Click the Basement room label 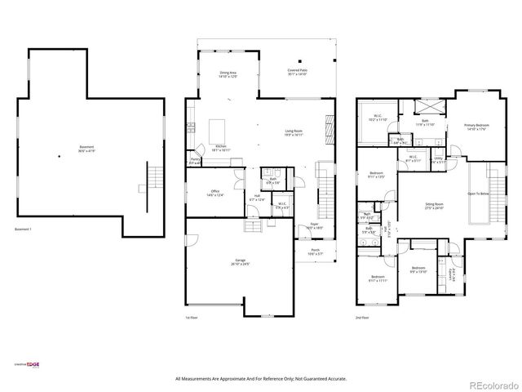point(86,150)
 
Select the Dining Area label point(228,74)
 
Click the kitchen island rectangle point(217,130)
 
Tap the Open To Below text point(478,194)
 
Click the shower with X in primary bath point(427,108)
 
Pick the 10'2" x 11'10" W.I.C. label point(378,117)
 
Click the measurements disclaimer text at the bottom point(261,379)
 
